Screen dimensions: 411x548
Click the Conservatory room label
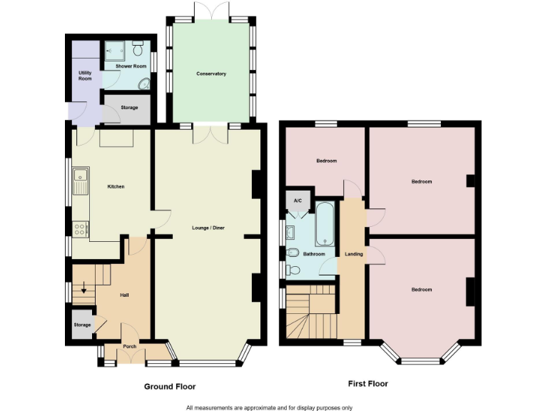211,73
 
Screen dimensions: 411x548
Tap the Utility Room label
85,76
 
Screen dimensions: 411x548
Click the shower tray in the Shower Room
115,51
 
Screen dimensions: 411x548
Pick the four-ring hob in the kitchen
80,229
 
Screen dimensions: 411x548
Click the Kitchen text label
116,187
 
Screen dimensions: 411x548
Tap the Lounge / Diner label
208,228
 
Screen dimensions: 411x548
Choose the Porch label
130,347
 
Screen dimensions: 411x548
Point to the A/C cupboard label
298,201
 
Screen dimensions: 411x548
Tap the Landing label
353,254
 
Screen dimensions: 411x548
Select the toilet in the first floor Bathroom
293,253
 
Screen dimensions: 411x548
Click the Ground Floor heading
170,387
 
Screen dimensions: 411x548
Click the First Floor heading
367,384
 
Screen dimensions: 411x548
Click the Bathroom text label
314,254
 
